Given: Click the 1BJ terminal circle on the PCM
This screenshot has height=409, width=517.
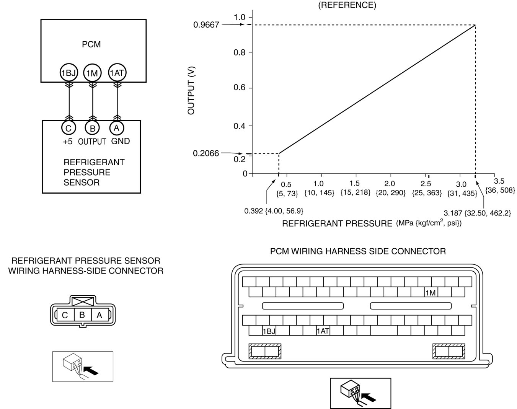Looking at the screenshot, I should click(68, 73).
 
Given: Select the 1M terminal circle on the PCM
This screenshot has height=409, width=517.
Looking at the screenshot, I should click(92, 73).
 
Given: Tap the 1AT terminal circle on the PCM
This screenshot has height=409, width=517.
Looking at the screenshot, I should click(117, 73).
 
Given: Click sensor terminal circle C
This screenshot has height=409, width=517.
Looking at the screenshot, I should click(68, 128).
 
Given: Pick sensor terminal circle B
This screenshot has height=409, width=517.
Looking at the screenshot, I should click(92, 128).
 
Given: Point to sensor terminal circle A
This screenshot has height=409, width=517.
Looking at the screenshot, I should click(117, 128).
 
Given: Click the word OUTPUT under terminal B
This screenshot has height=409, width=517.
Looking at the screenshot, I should click(92, 142).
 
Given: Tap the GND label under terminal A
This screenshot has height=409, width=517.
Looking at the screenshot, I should click(121, 141).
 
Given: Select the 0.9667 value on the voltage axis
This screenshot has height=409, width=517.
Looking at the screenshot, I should click(206, 25).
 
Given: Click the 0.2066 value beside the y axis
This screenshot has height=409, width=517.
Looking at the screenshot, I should click(206, 153).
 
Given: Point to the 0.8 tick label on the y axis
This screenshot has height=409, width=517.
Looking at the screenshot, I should click(240, 52).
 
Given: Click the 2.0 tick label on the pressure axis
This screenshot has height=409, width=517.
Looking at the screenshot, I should click(390, 184).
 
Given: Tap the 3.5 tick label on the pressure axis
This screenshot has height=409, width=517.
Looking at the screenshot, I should click(499, 181).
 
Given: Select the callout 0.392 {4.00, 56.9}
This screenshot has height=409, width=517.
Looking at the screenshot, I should click(274, 211).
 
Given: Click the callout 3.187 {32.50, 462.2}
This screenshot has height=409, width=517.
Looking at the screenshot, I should click(477, 213).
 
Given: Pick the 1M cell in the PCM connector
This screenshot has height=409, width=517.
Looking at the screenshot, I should click(431, 293).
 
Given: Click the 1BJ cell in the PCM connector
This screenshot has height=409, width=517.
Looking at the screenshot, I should click(269, 331).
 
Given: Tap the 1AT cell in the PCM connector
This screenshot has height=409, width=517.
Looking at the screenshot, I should click(323, 331).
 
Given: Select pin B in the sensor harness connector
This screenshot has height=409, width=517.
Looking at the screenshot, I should click(82, 315).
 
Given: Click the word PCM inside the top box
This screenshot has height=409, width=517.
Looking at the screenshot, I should click(91, 44).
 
